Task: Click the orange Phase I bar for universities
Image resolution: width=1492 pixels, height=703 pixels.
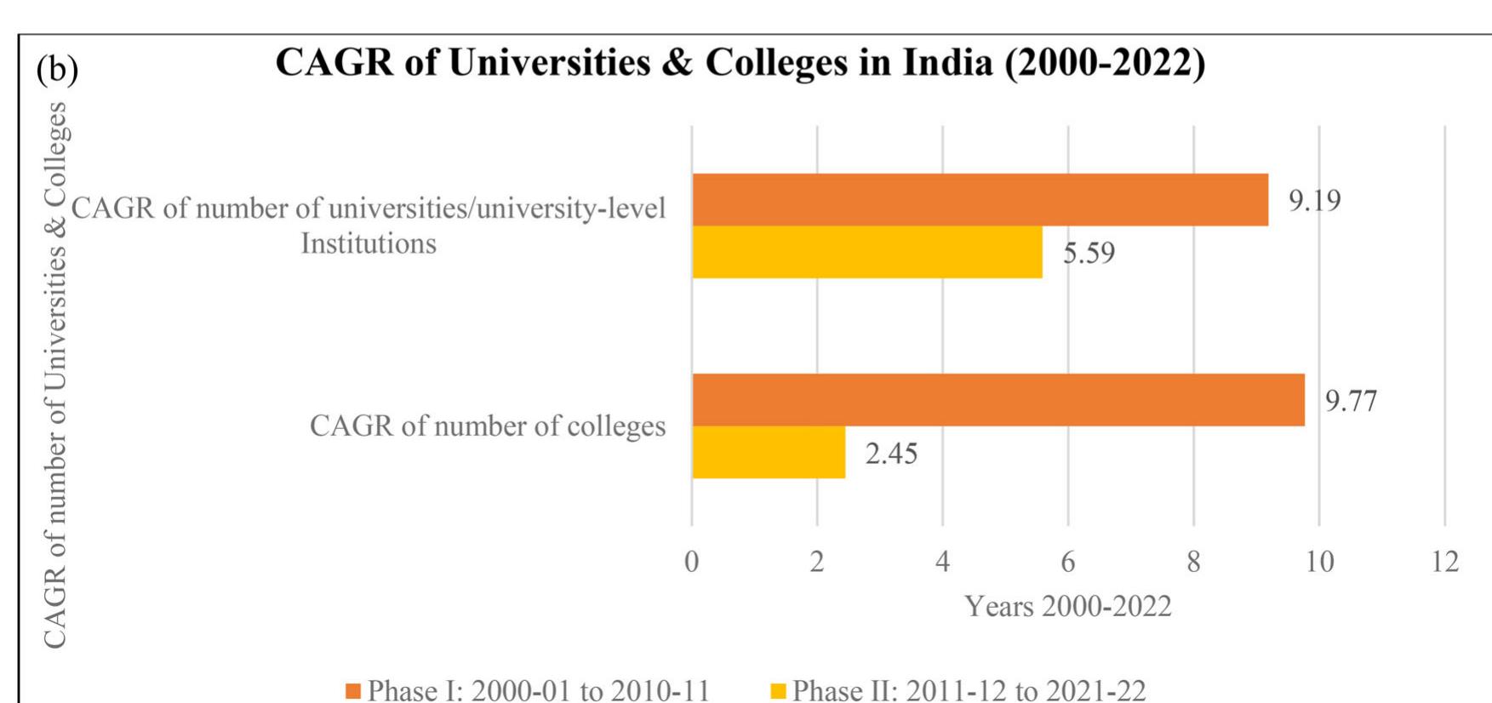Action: (979, 200)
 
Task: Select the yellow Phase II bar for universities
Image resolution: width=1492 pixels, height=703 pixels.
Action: (866, 252)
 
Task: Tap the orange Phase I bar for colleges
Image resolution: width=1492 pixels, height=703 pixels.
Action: (998, 399)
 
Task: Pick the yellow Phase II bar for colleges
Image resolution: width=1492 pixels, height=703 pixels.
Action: (768, 452)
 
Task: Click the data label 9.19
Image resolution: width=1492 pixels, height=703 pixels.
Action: (1314, 201)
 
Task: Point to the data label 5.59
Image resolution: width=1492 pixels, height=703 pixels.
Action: (1088, 254)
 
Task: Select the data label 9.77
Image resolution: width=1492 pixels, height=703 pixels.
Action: (1351, 401)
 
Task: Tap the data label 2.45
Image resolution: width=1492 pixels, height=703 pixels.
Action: (891, 454)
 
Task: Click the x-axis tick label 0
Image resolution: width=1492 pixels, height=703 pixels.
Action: (691, 562)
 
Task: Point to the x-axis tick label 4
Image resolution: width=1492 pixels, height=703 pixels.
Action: (942, 562)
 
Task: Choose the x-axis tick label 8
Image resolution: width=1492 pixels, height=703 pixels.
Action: (1193, 562)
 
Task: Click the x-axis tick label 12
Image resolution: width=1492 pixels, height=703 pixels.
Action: (1444, 562)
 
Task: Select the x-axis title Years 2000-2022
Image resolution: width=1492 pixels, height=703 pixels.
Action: (1067, 606)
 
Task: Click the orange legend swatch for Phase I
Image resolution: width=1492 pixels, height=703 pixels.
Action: (353, 690)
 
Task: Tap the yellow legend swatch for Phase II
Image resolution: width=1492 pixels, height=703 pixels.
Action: (778, 690)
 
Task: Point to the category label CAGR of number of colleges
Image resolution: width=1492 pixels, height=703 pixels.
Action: (487, 426)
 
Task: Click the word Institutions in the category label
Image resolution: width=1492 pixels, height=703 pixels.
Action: (368, 243)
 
